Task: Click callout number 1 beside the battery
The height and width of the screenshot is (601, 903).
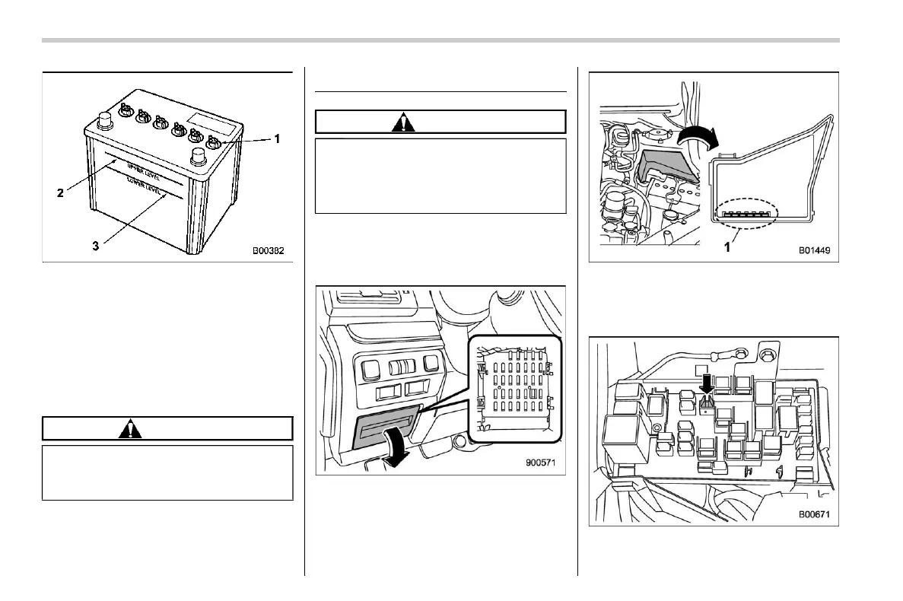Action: [277, 139]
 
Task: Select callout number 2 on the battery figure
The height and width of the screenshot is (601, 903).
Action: [59, 193]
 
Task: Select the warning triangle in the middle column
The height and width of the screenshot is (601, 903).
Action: [404, 122]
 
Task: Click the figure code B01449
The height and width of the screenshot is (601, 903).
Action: [813, 249]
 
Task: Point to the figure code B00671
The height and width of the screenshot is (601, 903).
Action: [813, 514]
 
